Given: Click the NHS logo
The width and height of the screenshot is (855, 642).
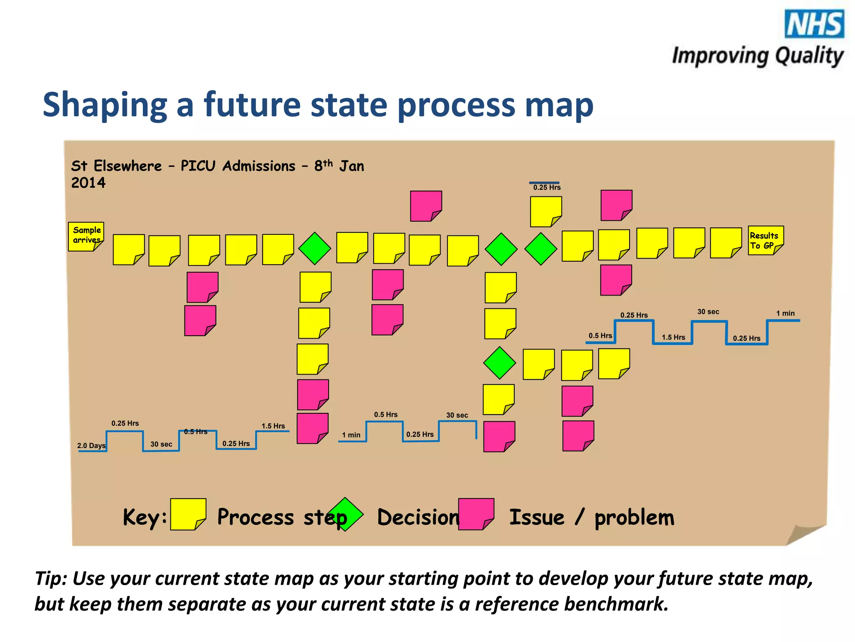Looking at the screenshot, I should click(x=814, y=24).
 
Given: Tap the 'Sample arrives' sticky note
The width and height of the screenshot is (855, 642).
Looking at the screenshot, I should click(x=86, y=236).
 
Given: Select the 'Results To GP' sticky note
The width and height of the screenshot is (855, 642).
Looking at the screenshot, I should click(x=765, y=240).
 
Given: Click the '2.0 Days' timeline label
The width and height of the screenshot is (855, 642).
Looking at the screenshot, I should click(x=91, y=446).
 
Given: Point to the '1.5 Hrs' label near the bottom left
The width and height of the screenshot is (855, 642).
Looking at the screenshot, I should click(x=273, y=426).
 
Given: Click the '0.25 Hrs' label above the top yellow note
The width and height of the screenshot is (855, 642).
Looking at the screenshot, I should click(x=546, y=188).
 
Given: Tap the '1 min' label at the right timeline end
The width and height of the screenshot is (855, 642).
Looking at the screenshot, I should click(x=785, y=313).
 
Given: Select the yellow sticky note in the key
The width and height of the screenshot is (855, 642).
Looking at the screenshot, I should click(x=188, y=514).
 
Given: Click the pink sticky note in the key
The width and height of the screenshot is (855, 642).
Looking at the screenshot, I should click(x=476, y=514).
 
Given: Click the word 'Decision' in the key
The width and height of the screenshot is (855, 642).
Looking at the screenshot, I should click(x=418, y=517).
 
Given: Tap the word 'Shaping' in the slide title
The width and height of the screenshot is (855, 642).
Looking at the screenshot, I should click(x=105, y=105).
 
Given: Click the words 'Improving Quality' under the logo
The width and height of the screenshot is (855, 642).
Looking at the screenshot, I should click(x=757, y=56).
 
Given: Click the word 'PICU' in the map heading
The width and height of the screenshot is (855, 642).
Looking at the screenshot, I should click(x=198, y=166).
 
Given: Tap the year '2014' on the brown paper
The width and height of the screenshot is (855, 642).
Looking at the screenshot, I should click(x=88, y=183).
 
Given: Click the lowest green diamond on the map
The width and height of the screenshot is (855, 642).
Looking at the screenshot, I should click(x=499, y=363).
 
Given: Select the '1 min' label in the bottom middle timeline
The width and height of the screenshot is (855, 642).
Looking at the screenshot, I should click(x=351, y=435).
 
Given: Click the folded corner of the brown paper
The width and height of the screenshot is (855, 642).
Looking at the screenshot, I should click(x=804, y=535).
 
